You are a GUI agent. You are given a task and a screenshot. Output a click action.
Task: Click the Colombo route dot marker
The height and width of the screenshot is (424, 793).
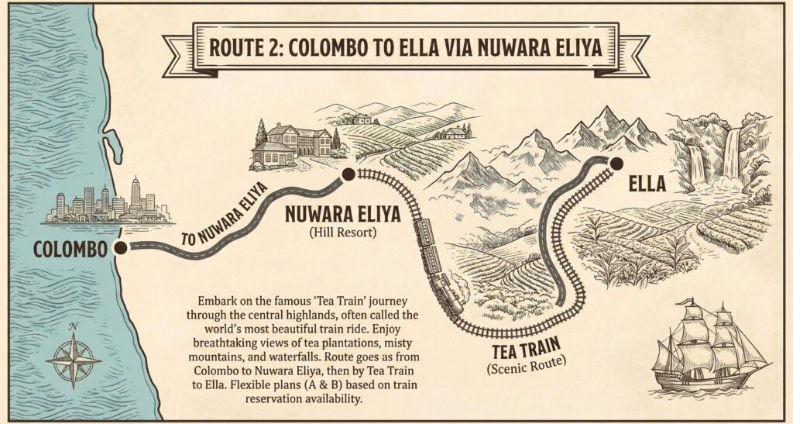point(121,247)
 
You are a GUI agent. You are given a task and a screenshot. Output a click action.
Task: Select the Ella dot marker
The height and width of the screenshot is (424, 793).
point(616,163)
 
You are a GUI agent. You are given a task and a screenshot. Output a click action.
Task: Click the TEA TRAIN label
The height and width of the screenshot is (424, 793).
point(523,349)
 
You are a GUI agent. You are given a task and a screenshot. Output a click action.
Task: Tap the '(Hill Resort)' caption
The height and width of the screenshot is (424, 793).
point(347,231)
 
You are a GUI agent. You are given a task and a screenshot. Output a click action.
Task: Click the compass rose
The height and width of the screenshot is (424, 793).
point(73,359)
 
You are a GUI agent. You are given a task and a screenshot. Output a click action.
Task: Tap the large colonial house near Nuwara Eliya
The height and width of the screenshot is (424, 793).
point(291,144)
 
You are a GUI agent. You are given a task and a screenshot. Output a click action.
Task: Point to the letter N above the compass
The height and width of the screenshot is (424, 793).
point(73,326)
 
